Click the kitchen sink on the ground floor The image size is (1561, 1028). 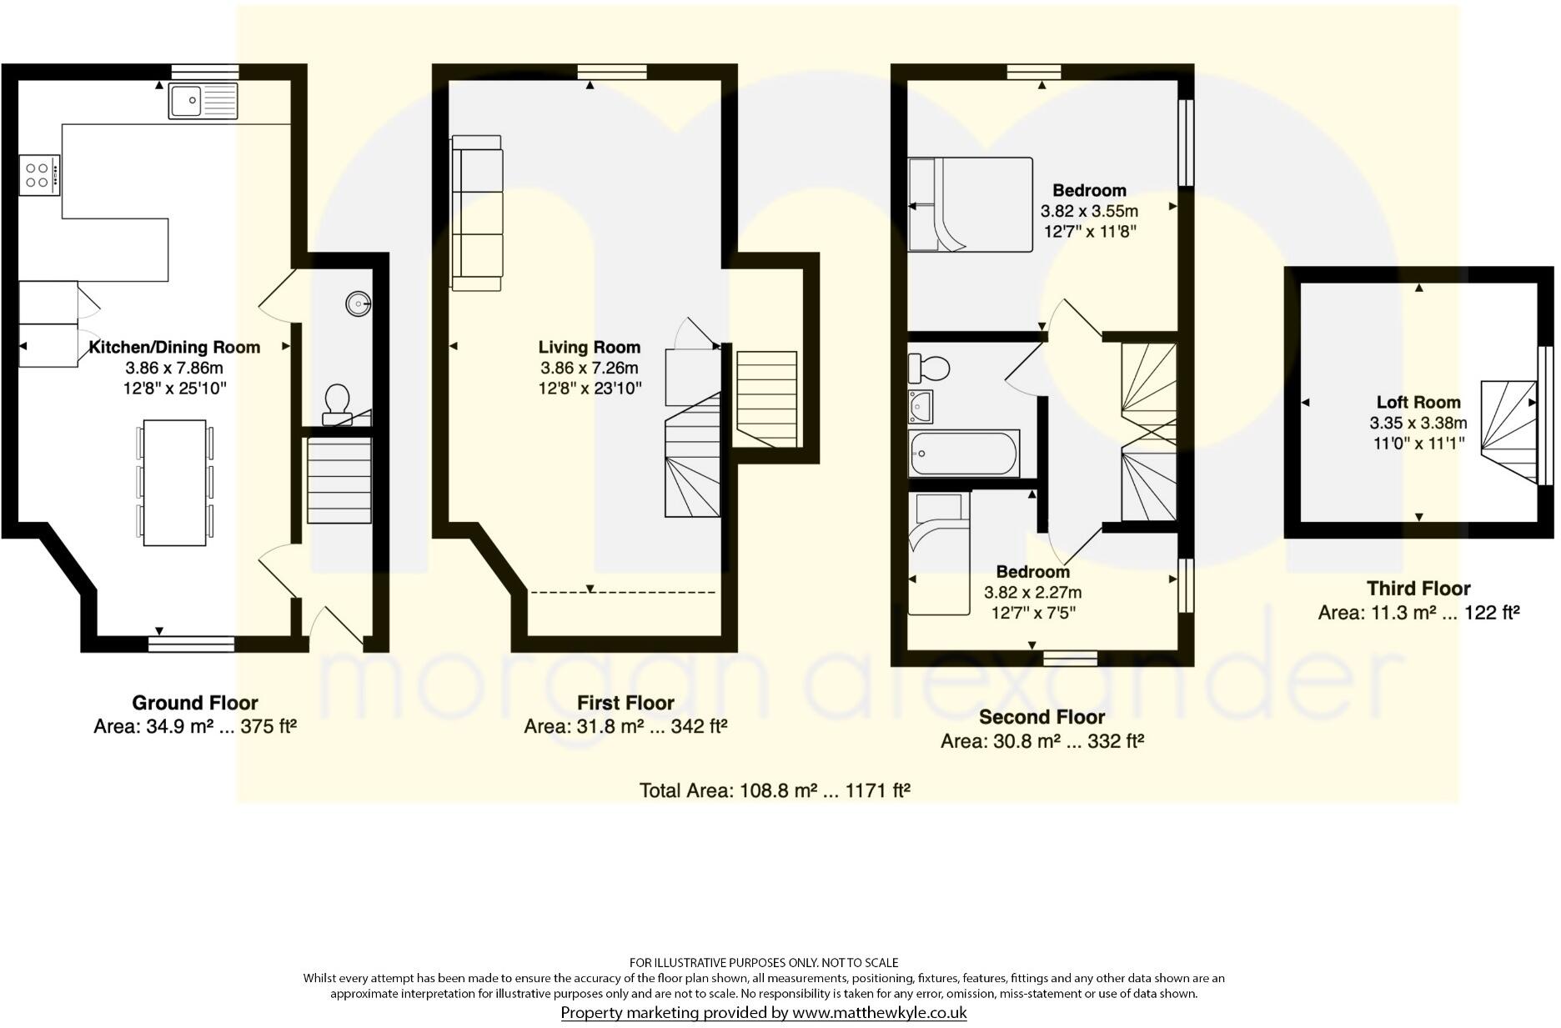pyautogui.click(x=203, y=101)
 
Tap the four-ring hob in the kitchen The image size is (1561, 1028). pyautogui.click(x=39, y=175)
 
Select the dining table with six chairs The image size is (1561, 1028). pyautogui.click(x=175, y=483)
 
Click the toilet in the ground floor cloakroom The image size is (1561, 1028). pyautogui.click(x=337, y=401)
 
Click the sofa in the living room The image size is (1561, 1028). pyautogui.click(x=477, y=213)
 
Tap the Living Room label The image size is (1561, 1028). pyautogui.click(x=589, y=347)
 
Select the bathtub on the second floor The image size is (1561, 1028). pyautogui.click(x=965, y=454)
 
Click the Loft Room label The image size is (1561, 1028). pyautogui.click(x=1418, y=402)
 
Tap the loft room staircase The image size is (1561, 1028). pyautogui.click(x=1508, y=431)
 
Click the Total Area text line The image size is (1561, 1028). pyautogui.click(x=774, y=790)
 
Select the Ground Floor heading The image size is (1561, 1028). pyautogui.click(x=195, y=703)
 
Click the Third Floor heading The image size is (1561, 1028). pyautogui.click(x=1418, y=589)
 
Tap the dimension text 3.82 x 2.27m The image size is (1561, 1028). pyautogui.click(x=1032, y=593)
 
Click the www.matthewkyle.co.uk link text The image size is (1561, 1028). pyautogui.click(x=879, y=1013)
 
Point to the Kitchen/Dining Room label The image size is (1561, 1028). pyautogui.click(x=174, y=347)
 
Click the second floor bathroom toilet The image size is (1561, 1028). pyautogui.click(x=930, y=366)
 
